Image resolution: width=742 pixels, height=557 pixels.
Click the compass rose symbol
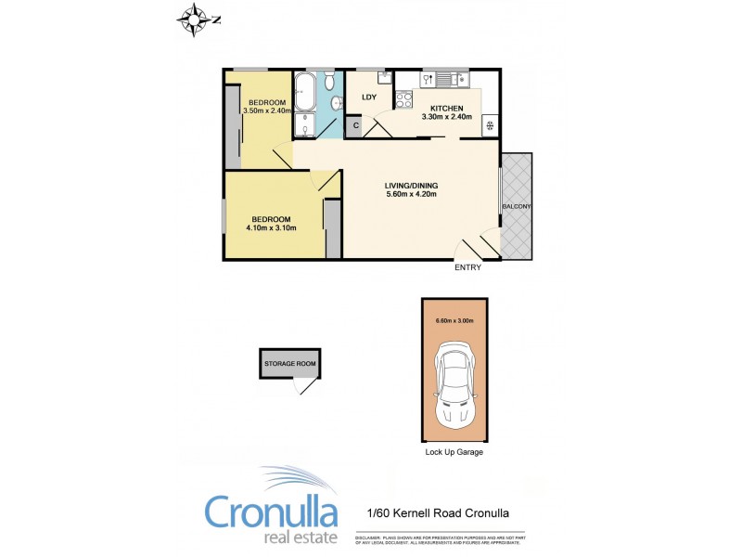(x=195, y=19)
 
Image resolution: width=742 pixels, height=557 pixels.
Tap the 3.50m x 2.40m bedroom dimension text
(x=266, y=110)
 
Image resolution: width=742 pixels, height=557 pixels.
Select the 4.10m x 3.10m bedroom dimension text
(x=271, y=227)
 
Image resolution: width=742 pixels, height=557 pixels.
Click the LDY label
(x=368, y=97)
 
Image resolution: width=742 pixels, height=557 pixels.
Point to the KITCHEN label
(x=446, y=109)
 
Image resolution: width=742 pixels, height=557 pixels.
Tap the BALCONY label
(x=517, y=206)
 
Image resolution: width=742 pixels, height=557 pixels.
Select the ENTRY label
(x=467, y=268)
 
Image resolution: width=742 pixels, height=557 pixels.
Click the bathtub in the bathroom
(x=306, y=94)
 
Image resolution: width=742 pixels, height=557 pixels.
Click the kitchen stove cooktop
(x=404, y=98)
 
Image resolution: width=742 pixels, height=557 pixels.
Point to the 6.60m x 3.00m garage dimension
(x=454, y=321)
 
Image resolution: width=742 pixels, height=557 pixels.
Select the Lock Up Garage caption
(x=454, y=452)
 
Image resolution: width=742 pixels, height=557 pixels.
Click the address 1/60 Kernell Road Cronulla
(x=434, y=512)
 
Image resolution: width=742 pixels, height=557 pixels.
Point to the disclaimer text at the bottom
(x=440, y=539)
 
